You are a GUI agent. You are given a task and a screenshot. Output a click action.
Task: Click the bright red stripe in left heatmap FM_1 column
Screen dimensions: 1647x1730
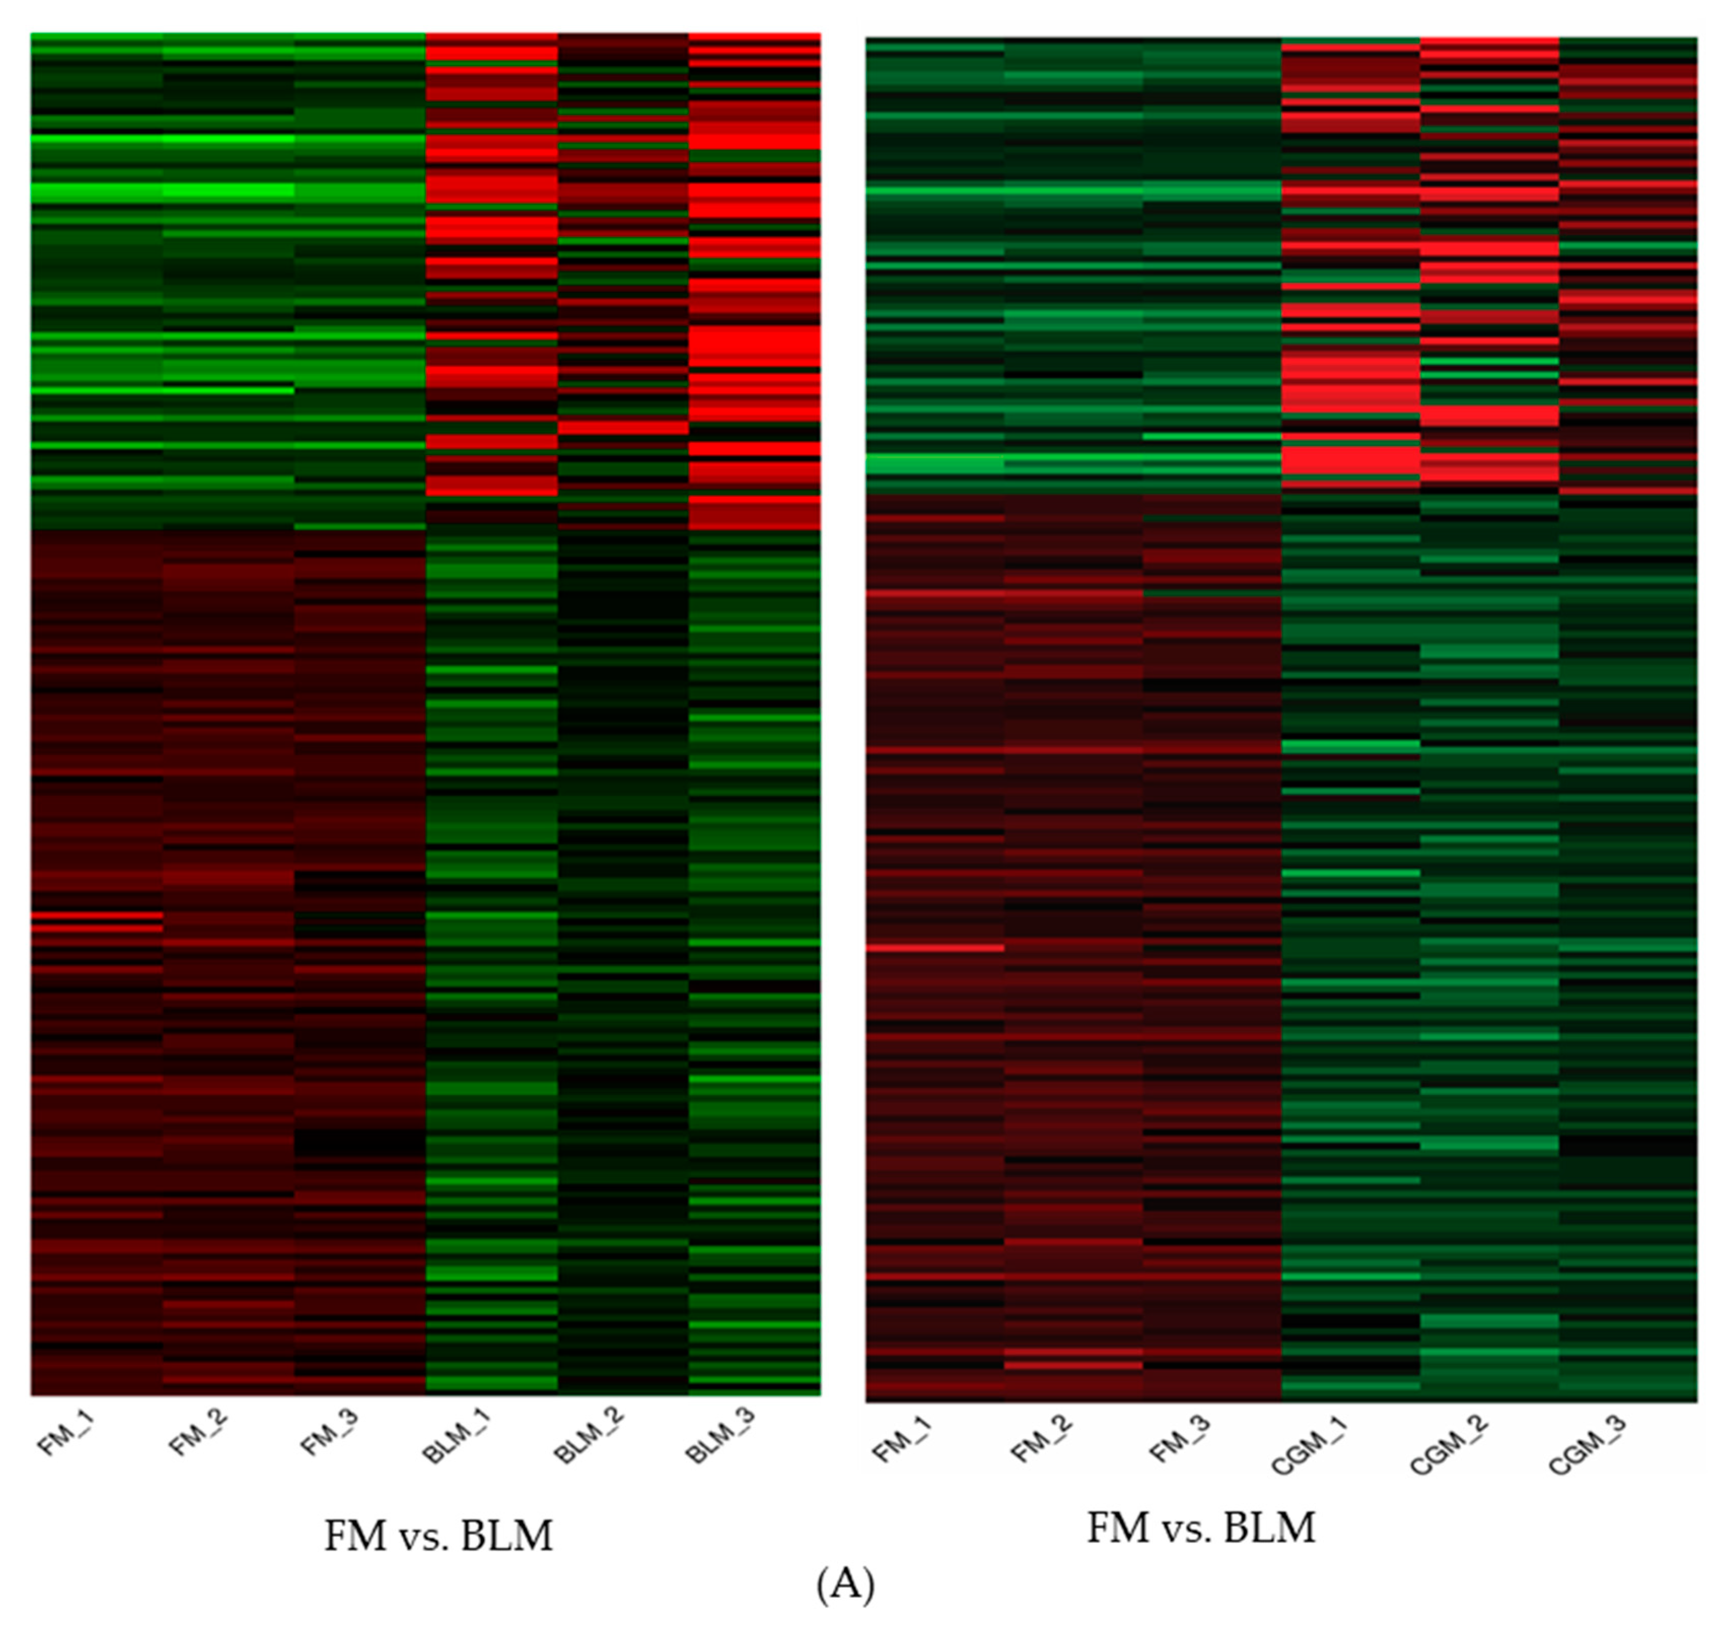point(96,916)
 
